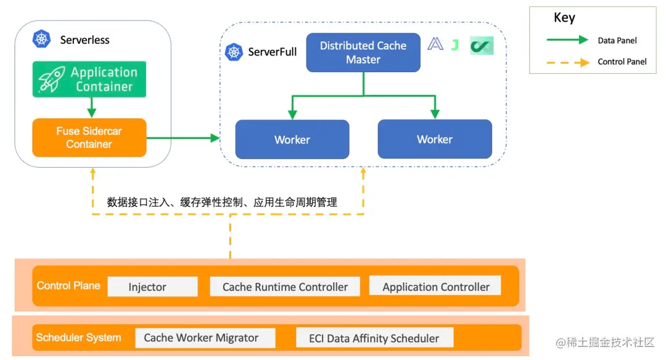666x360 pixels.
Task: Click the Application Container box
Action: [x=89, y=80]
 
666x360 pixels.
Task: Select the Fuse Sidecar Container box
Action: [x=89, y=138]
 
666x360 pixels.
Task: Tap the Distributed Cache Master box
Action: [x=363, y=52]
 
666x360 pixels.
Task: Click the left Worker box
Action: [x=292, y=139]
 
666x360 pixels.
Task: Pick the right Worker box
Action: [x=435, y=139]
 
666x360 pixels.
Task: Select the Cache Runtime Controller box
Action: [x=285, y=287]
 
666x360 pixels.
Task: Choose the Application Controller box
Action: [x=435, y=286]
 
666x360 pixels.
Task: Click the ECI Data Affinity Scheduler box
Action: [x=375, y=338]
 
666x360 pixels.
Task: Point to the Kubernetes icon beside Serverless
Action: [x=41, y=39]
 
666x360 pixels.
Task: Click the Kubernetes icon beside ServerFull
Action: [x=234, y=52]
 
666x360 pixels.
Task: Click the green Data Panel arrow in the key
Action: [x=567, y=40]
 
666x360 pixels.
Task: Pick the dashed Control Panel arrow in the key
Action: [x=567, y=62]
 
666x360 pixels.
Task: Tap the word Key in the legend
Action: [x=564, y=18]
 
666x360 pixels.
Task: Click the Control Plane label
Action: [x=68, y=286]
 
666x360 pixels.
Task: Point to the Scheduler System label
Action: [x=78, y=338]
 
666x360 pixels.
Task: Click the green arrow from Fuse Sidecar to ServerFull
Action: [x=183, y=138]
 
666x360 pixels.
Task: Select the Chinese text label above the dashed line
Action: [x=222, y=202]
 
